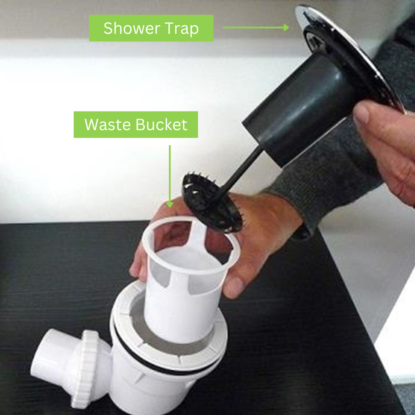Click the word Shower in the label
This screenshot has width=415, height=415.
click(x=132, y=28)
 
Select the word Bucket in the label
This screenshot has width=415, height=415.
click(x=162, y=124)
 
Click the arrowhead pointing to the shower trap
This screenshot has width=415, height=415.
click(x=286, y=28)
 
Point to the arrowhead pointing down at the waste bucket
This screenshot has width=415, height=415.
click(x=170, y=204)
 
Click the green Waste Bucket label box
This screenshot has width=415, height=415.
click(x=136, y=124)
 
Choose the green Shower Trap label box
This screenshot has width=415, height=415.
click(x=151, y=28)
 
